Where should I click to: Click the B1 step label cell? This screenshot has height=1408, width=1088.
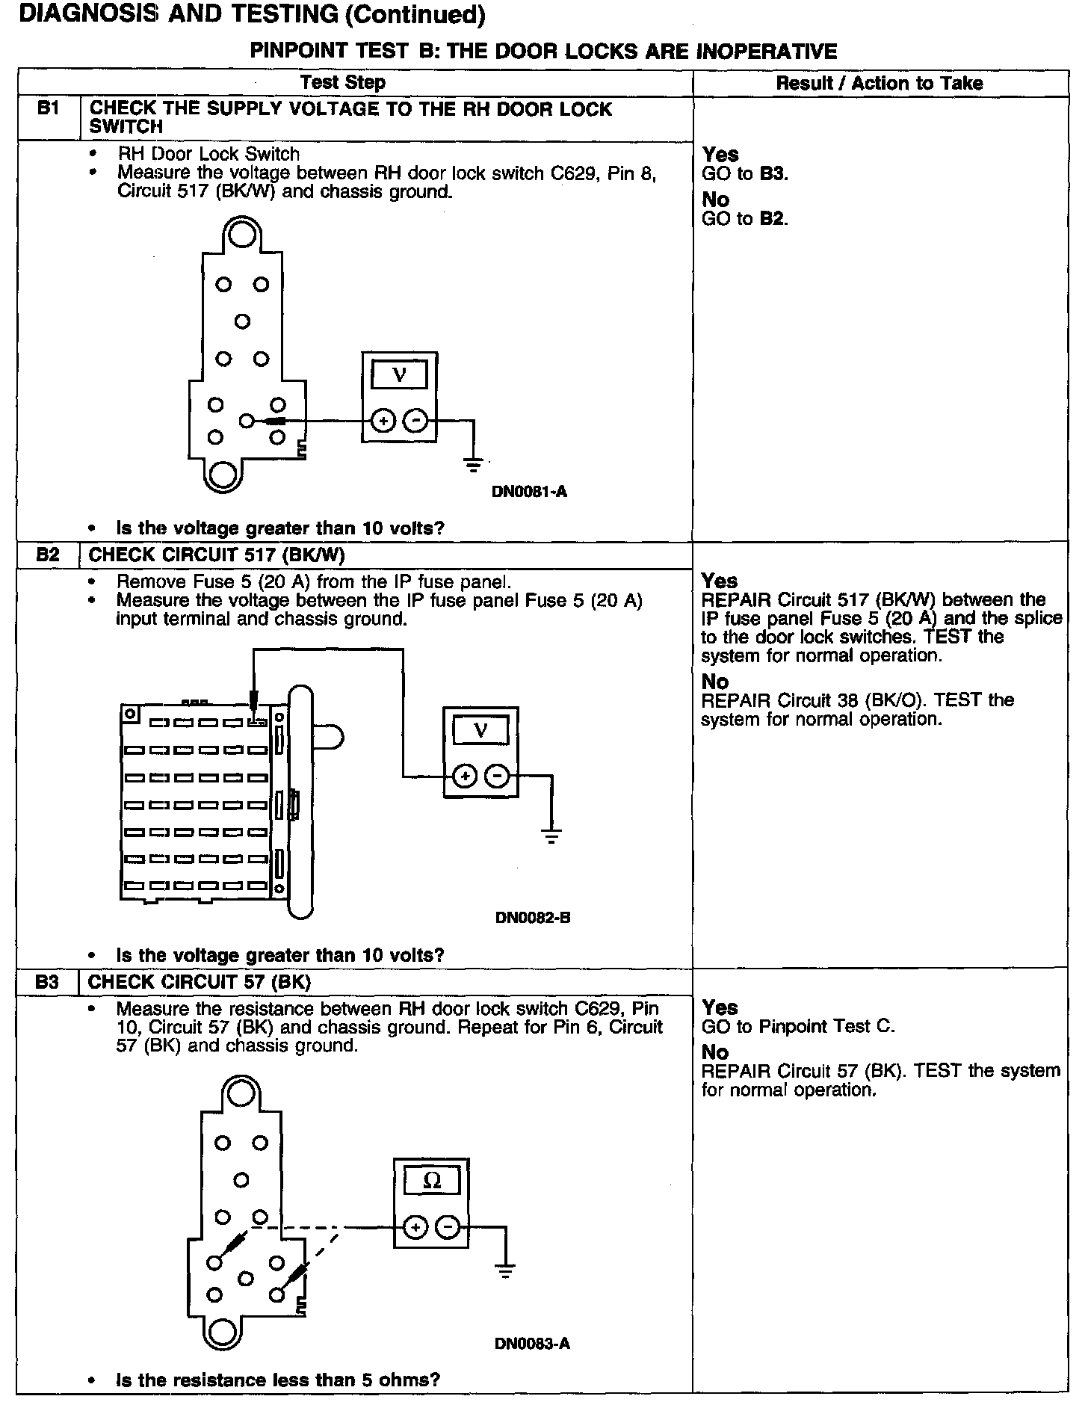click(x=48, y=109)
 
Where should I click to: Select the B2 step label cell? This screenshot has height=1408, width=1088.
click(x=48, y=555)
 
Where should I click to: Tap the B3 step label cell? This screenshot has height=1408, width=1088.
click(x=48, y=981)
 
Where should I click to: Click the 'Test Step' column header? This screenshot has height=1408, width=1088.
click(x=343, y=83)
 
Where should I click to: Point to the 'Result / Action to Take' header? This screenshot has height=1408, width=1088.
click(x=880, y=83)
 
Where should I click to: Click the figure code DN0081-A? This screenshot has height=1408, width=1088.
click(x=529, y=492)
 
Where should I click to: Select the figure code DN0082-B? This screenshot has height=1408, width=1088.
click(x=533, y=917)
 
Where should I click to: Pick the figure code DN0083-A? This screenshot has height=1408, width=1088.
click(x=532, y=1344)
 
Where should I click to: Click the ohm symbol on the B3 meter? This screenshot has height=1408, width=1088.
click(x=432, y=1181)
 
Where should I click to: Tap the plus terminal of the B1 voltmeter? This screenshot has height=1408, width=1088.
click(x=383, y=422)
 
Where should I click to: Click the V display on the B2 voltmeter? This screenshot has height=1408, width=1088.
click(x=480, y=730)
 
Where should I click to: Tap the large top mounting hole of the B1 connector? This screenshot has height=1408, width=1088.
click(x=241, y=235)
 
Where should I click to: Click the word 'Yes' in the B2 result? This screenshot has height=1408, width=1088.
click(x=720, y=581)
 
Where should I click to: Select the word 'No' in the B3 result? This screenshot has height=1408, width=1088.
click(x=715, y=1052)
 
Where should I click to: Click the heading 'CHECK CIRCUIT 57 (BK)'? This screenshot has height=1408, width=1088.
click(x=200, y=981)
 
